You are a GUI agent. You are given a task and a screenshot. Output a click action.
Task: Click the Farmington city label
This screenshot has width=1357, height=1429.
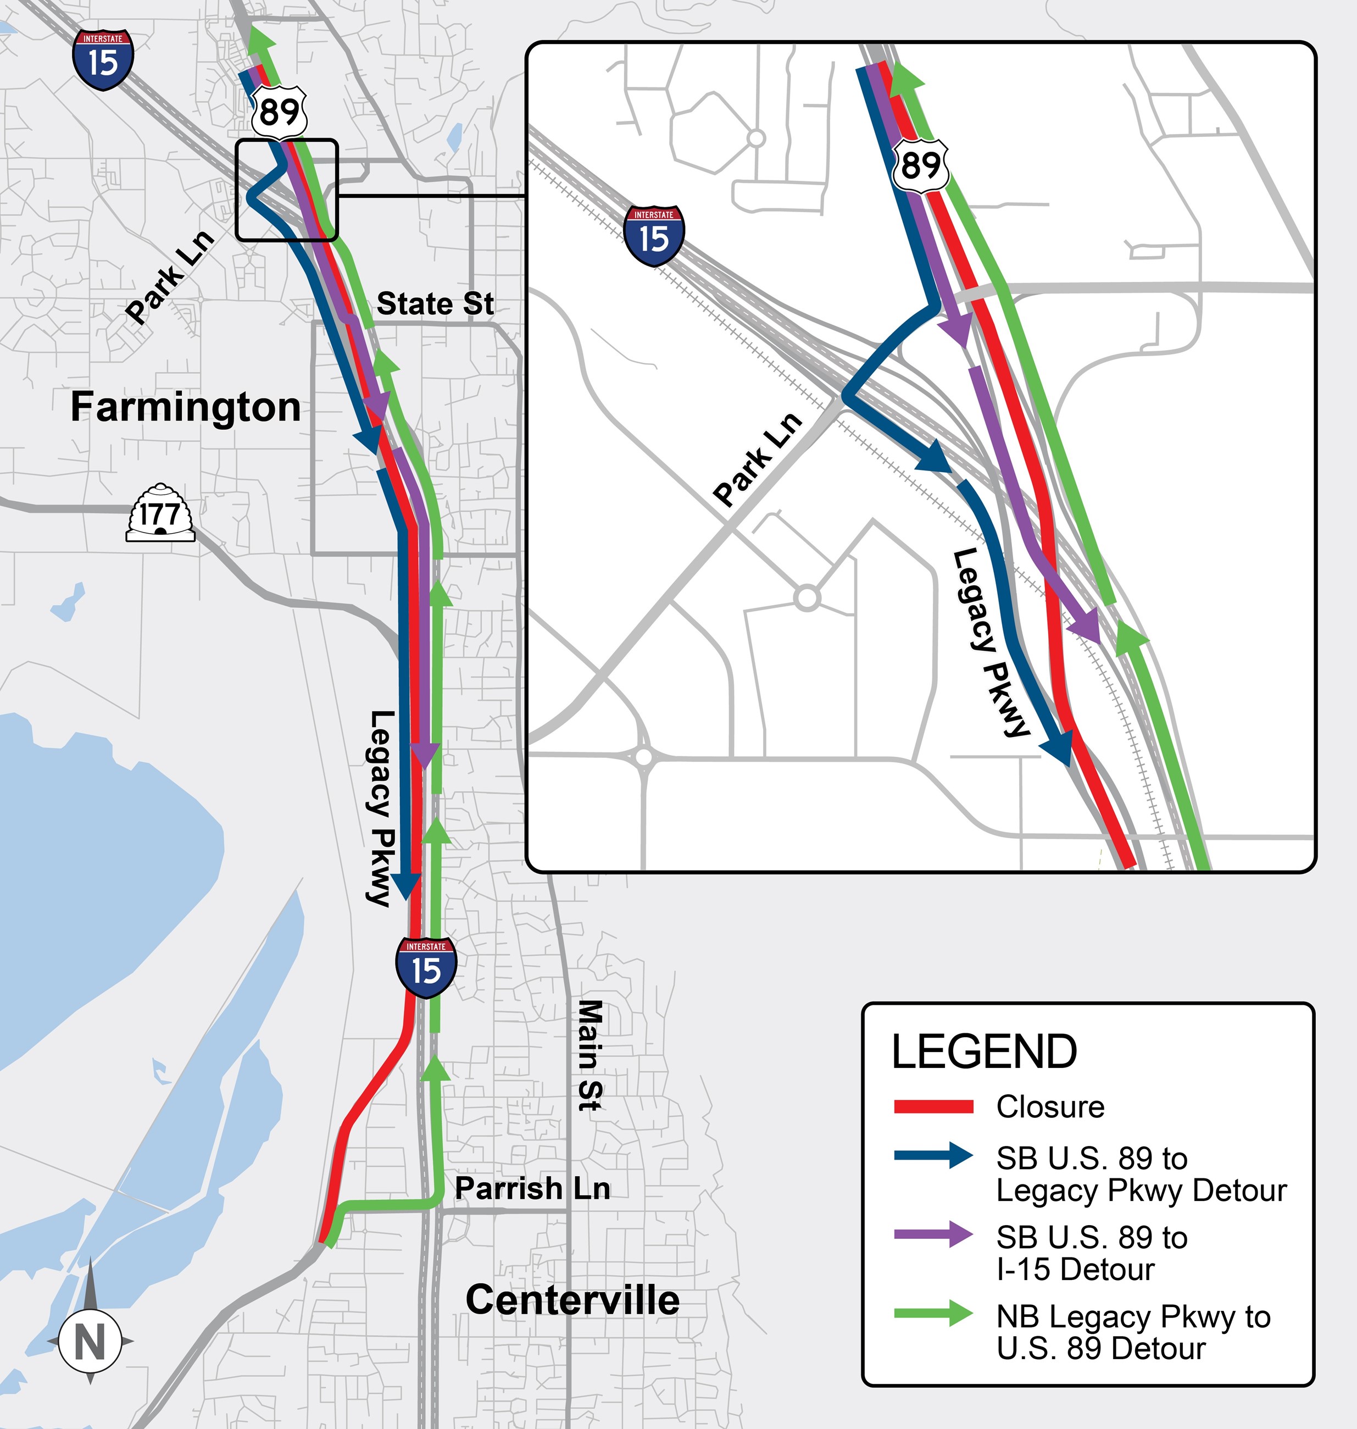pos(185,407)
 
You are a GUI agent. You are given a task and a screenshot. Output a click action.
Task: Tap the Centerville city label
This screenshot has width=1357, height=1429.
pos(572,1300)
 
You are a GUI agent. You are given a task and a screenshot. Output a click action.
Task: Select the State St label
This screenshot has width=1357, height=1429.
pos(436,304)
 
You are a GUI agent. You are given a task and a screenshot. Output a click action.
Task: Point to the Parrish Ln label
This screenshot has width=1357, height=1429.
pos(532,1188)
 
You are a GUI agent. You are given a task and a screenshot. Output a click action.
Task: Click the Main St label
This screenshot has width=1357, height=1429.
pos(589,1054)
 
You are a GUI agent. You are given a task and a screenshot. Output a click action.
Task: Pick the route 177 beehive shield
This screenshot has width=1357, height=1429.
pos(160,514)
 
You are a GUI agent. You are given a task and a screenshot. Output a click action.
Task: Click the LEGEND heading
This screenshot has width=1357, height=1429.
pos(984,1052)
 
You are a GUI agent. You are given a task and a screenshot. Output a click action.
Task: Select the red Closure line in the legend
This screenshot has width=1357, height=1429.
pos(933,1106)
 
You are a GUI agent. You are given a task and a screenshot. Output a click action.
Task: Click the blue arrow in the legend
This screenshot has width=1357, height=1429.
pos(933,1155)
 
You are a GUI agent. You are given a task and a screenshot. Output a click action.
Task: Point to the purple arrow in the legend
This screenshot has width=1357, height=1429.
pos(933,1234)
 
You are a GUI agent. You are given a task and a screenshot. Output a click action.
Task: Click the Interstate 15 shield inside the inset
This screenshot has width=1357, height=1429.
pos(654,235)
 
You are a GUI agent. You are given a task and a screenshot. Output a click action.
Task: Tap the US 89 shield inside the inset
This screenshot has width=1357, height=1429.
pos(920,165)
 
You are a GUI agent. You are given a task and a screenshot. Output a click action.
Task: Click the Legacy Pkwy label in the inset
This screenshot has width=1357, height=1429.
pos(990,642)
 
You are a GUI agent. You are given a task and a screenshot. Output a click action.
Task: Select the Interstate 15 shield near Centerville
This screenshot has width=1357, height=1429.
pos(426,967)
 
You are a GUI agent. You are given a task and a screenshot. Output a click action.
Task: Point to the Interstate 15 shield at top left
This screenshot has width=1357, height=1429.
pos(103,60)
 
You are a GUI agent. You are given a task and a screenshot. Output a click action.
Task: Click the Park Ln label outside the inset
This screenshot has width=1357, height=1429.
pos(169,277)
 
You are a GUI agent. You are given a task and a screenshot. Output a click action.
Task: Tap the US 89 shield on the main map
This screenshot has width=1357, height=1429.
pos(279,112)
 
